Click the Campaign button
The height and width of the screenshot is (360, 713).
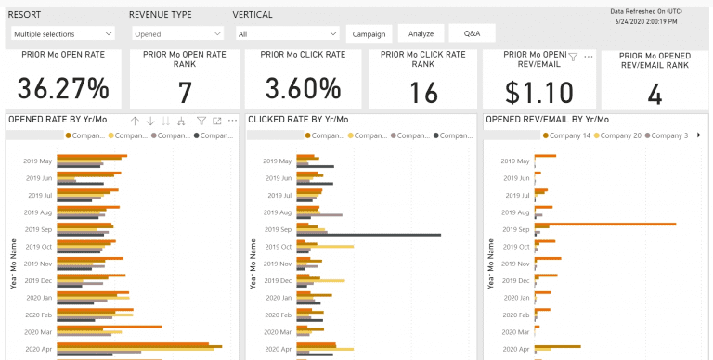click(369, 33)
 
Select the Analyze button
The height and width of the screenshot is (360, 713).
click(421, 33)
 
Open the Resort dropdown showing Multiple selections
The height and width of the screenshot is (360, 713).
click(63, 33)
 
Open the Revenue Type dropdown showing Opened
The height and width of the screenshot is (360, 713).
click(178, 33)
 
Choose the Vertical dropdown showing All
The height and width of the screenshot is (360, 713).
click(288, 33)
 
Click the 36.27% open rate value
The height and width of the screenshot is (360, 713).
click(64, 89)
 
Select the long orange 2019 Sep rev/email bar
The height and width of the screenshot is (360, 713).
click(604, 224)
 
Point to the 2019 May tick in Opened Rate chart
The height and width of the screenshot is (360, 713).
click(38, 161)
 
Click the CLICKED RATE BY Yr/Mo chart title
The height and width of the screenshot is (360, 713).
click(298, 120)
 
